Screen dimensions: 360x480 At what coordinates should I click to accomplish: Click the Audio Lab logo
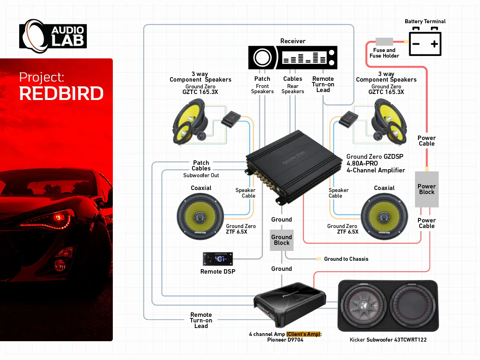point(53,36)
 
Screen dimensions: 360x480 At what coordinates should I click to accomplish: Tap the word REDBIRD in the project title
point(61,94)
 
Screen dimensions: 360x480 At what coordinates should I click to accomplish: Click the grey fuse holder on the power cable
point(384,42)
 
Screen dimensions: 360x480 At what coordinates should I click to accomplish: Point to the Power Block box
point(426,189)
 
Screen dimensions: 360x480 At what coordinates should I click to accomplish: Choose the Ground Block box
point(282,240)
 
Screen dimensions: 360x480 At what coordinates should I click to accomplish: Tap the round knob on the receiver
point(261,58)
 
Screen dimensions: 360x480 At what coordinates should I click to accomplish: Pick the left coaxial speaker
point(200,216)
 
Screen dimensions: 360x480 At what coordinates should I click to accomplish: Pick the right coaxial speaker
point(384,216)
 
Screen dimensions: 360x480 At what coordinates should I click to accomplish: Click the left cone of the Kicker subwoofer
point(364,306)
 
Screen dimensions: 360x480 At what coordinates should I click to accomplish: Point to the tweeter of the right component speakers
point(377,136)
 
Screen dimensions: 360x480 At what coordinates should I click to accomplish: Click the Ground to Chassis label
point(346,259)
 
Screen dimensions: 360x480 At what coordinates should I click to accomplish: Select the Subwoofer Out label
point(201,175)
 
